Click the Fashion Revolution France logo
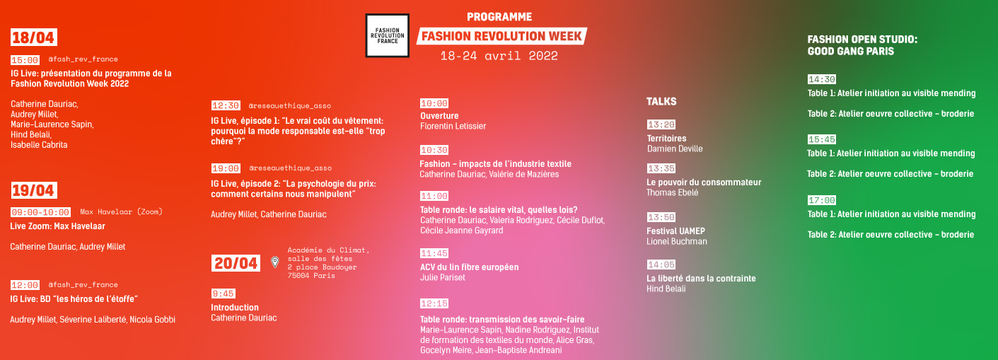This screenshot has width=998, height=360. (x=387, y=35)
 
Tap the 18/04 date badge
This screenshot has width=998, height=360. (x=33, y=37)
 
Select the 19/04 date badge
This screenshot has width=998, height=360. (x=33, y=190)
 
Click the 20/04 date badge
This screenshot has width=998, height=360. (x=236, y=263)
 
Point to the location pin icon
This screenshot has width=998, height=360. (x=275, y=262)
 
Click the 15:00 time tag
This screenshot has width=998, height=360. (x=25, y=59)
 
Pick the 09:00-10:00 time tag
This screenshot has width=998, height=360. (x=40, y=212)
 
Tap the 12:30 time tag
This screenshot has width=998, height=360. (x=226, y=105)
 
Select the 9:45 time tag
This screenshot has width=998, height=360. (x=224, y=294)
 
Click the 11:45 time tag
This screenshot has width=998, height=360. (x=434, y=253)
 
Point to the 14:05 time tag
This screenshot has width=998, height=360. (x=661, y=265)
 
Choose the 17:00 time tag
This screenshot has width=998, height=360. (x=822, y=200)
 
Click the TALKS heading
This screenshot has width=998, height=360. (x=661, y=102)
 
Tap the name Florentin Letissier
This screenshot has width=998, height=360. (x=453, y=126)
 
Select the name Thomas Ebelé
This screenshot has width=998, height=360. (x=673, y=192)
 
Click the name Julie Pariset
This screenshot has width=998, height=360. (x=443, y=277)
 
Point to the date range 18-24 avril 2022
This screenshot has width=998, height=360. (x=499, y=56)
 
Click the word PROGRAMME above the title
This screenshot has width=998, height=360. (x=499, y=17)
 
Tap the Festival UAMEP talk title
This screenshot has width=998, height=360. (x=675, y=231)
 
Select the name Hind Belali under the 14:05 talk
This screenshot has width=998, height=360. (x=666, y=289)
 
